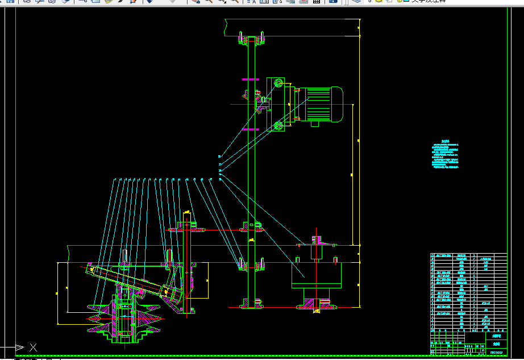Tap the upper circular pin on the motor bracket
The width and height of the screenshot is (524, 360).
coord(278,84)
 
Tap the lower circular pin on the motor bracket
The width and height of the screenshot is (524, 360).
coord(278,126)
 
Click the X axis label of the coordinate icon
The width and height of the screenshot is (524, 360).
coord(34,347)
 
